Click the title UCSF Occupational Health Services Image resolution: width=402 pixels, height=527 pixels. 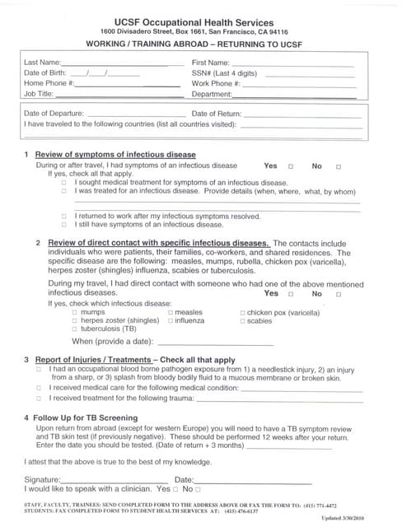click(x=201, y=17)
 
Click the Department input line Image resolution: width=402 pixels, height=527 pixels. click(x=294, y=96)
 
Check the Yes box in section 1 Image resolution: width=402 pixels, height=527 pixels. click(x=290, y=166)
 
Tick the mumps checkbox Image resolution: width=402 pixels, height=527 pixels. click(x=75, y=313)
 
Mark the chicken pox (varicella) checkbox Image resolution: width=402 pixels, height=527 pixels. click(x=242, y=313)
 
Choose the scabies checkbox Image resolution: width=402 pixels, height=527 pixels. click(x=242, y=321)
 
